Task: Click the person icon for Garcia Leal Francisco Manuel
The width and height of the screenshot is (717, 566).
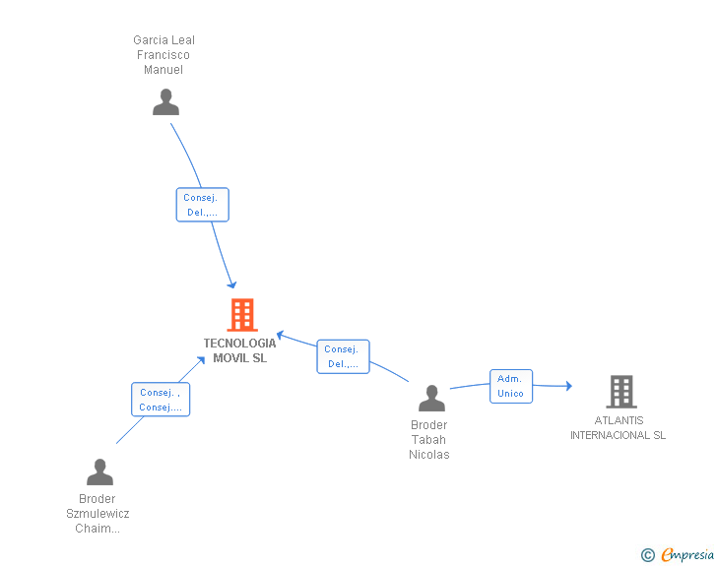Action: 165,102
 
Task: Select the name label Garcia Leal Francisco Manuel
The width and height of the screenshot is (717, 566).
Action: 163,55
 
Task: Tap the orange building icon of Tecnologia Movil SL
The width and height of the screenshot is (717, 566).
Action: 241,315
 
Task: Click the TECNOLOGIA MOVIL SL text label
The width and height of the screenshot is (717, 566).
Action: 239,350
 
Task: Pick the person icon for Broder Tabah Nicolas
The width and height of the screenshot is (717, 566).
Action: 431,399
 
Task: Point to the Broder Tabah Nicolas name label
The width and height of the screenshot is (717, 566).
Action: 428,440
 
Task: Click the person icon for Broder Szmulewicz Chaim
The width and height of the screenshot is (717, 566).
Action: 99,472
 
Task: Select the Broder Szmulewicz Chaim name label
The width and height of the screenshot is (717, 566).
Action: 98,514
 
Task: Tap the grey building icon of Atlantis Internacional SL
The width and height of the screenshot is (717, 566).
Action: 620,392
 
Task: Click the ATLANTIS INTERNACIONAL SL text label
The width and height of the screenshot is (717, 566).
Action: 618,428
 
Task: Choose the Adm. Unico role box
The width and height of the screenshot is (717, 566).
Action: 510,386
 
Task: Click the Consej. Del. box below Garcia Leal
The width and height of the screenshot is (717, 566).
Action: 202,205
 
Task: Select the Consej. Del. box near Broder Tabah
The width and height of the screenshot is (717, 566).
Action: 343,356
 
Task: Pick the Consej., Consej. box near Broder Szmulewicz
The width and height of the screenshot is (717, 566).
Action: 160,399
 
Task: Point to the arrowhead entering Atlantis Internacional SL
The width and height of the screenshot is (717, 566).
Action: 567,386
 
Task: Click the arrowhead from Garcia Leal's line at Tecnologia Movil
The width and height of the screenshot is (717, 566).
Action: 231,283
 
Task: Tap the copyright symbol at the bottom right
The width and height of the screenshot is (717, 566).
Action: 647,555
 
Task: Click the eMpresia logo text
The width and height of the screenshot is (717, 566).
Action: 687,555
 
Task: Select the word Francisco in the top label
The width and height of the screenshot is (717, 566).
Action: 163,55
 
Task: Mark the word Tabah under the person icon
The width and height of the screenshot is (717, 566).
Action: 428,440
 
